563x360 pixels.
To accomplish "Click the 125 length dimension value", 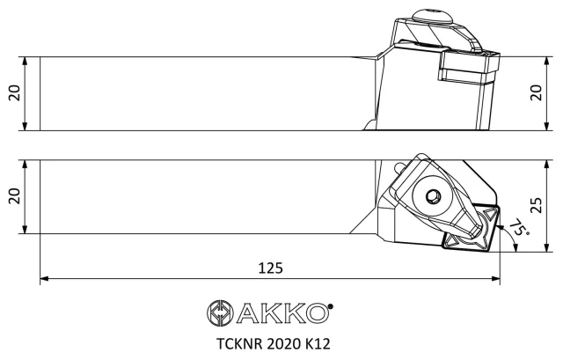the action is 270,268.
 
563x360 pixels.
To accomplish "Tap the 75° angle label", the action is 518,227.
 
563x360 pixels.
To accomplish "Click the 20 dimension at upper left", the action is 15,93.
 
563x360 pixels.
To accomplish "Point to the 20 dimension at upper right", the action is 536,93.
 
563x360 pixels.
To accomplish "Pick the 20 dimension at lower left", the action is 15,196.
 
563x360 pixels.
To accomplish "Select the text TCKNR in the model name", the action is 239,344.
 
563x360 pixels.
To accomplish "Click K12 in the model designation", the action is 318,344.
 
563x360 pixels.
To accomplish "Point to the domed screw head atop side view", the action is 431,17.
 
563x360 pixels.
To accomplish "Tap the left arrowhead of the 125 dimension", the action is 44,278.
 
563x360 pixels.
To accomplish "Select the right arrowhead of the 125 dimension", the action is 495,278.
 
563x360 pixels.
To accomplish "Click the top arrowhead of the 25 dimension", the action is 546,165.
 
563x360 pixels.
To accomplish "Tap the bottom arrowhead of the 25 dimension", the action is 546,247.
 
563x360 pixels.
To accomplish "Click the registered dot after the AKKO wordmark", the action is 331,306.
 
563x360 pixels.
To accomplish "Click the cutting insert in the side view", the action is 469,66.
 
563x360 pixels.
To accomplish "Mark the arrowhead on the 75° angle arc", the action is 515,246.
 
